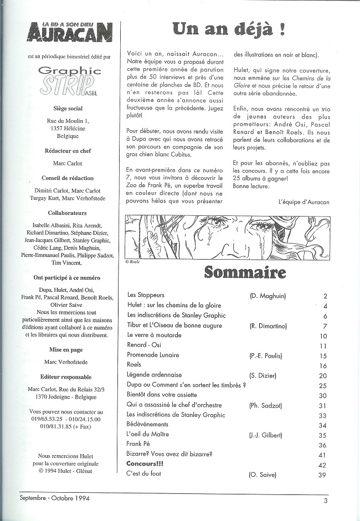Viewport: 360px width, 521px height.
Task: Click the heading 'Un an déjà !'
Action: (228, 28)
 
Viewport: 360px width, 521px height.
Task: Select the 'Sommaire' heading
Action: (245, 272)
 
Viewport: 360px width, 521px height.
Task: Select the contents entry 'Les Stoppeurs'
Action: (146, 296)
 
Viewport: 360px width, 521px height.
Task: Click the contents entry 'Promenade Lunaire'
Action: (153, 355)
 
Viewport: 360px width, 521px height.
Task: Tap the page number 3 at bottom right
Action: (326, 501)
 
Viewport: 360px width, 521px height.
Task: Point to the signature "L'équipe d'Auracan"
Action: (304, 202)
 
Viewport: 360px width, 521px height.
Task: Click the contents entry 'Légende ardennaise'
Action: (155, 375)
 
